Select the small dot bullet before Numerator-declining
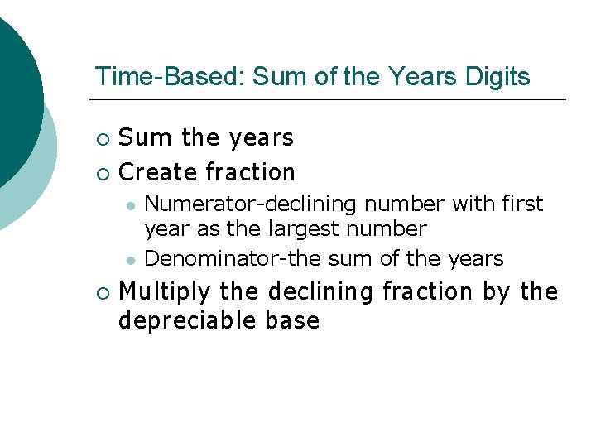click(x=130, y=204)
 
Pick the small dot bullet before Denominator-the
click(x=130, y=260)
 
